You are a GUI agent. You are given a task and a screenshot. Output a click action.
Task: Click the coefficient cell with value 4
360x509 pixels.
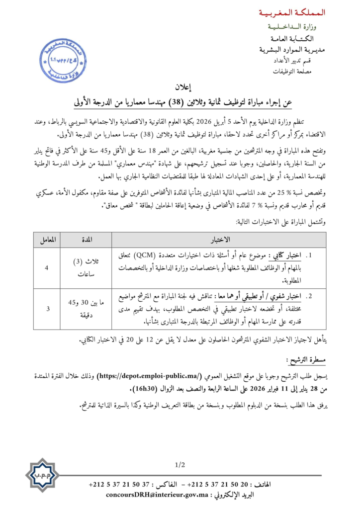[x=47, y=268]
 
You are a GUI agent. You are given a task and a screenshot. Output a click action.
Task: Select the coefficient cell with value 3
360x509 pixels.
[x=47, y=309]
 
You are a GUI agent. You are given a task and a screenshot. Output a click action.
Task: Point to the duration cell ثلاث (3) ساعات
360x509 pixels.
[x=86, y=268]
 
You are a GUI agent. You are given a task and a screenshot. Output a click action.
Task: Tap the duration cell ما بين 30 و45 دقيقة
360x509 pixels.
[x=86, y=309]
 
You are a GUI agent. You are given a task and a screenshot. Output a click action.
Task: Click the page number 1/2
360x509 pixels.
[x=180, y=465]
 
